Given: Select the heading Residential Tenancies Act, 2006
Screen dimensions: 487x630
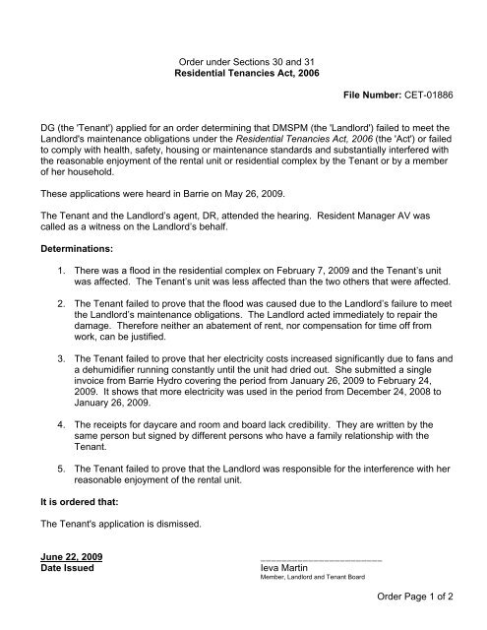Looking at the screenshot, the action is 243,74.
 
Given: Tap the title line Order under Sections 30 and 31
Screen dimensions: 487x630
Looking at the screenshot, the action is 243,61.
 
